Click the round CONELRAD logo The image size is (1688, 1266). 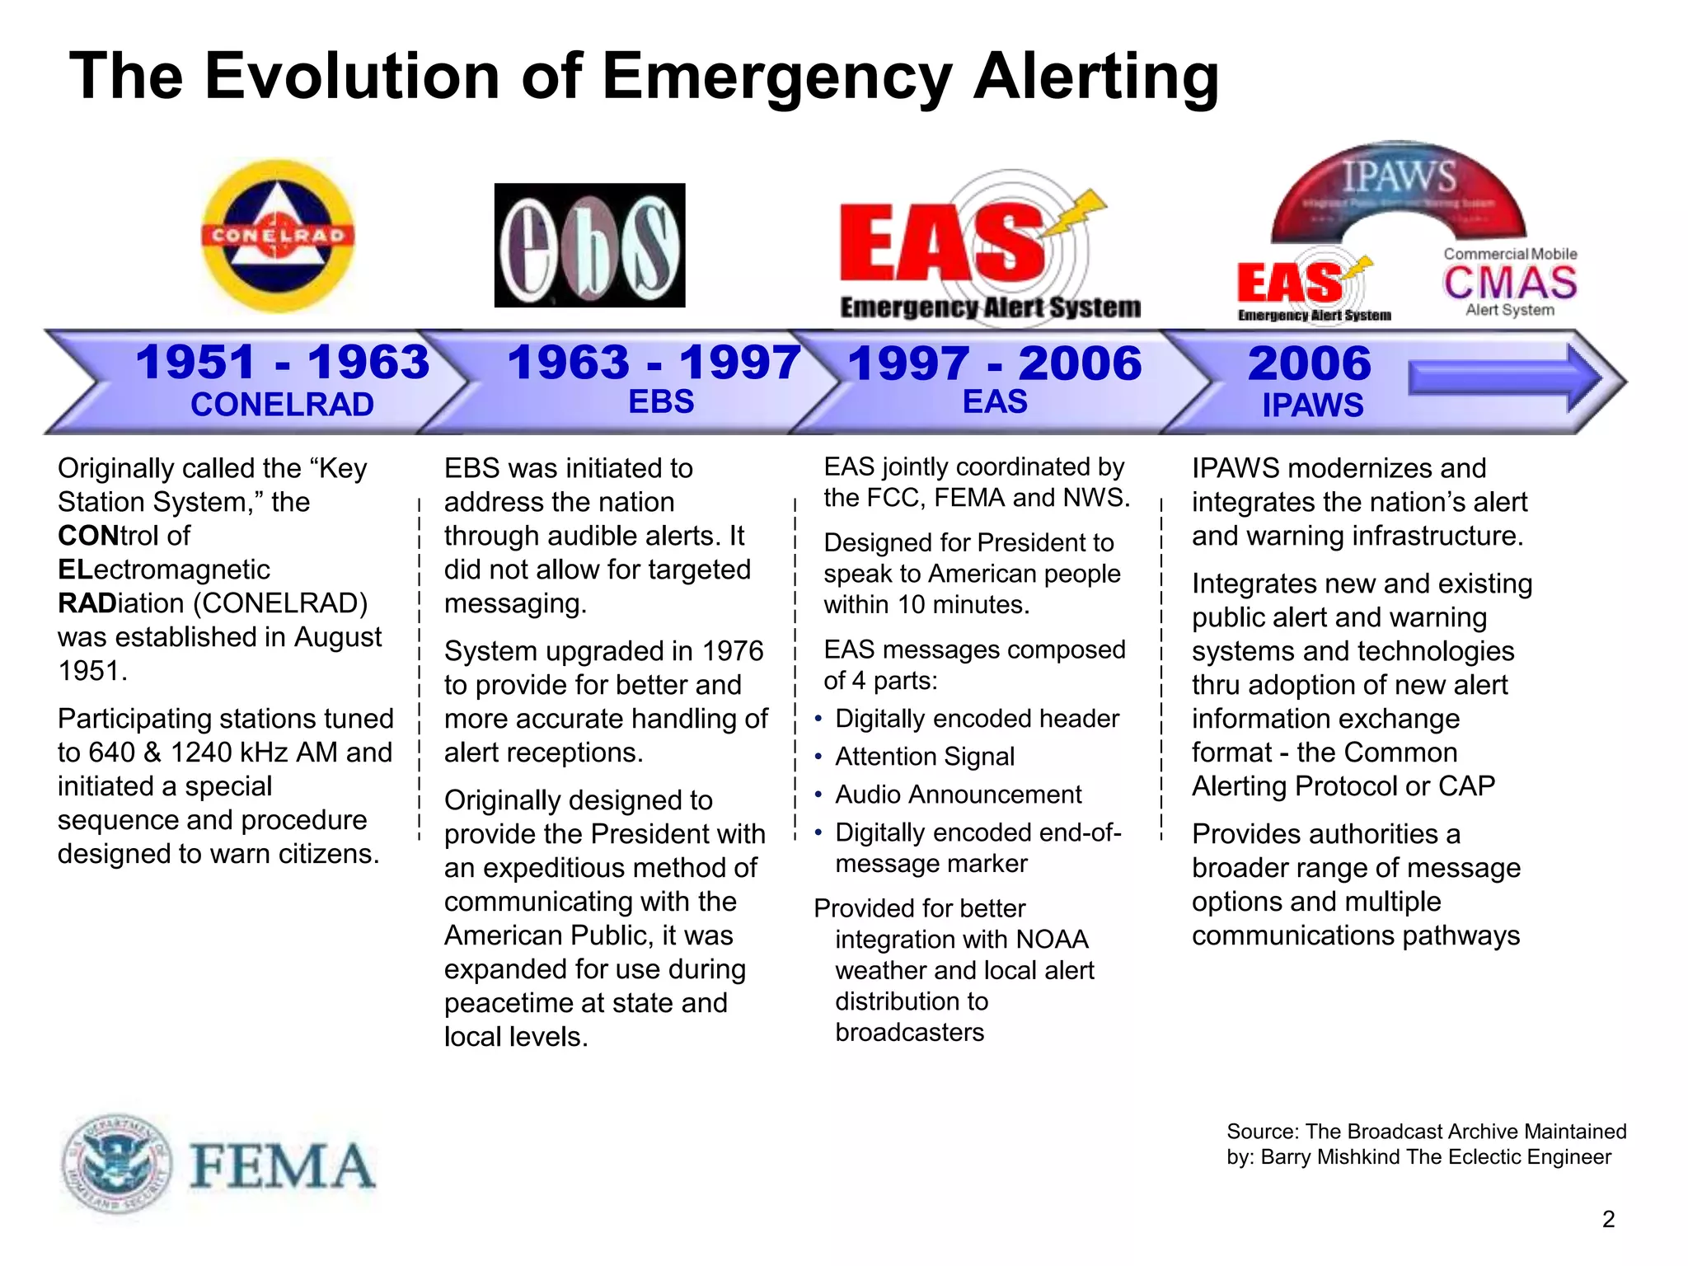[x=279, y=236]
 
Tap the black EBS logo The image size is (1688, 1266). [x=589, y=246]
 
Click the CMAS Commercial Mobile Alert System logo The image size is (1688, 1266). [x=1510, y=283]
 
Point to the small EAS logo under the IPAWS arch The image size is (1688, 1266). [x=1311, y=288]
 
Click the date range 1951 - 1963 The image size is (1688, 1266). [x=283, y=363]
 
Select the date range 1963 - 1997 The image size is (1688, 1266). [x=654, y=363]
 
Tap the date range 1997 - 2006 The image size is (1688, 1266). [x=995, y=363]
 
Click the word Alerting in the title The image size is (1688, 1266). [x=1095, y=77]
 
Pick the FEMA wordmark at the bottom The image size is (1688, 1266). [x=282, y=1167]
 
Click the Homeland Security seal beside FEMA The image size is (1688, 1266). [x=116, y=1164]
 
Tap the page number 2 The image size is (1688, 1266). [x=1608, y=1219]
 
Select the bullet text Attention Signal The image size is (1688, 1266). [x=924, y=757]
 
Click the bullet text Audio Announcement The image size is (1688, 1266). [x=958, y=795]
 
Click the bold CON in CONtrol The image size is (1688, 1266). [x=88, y=537]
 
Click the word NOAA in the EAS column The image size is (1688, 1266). [x=1052, y=940]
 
